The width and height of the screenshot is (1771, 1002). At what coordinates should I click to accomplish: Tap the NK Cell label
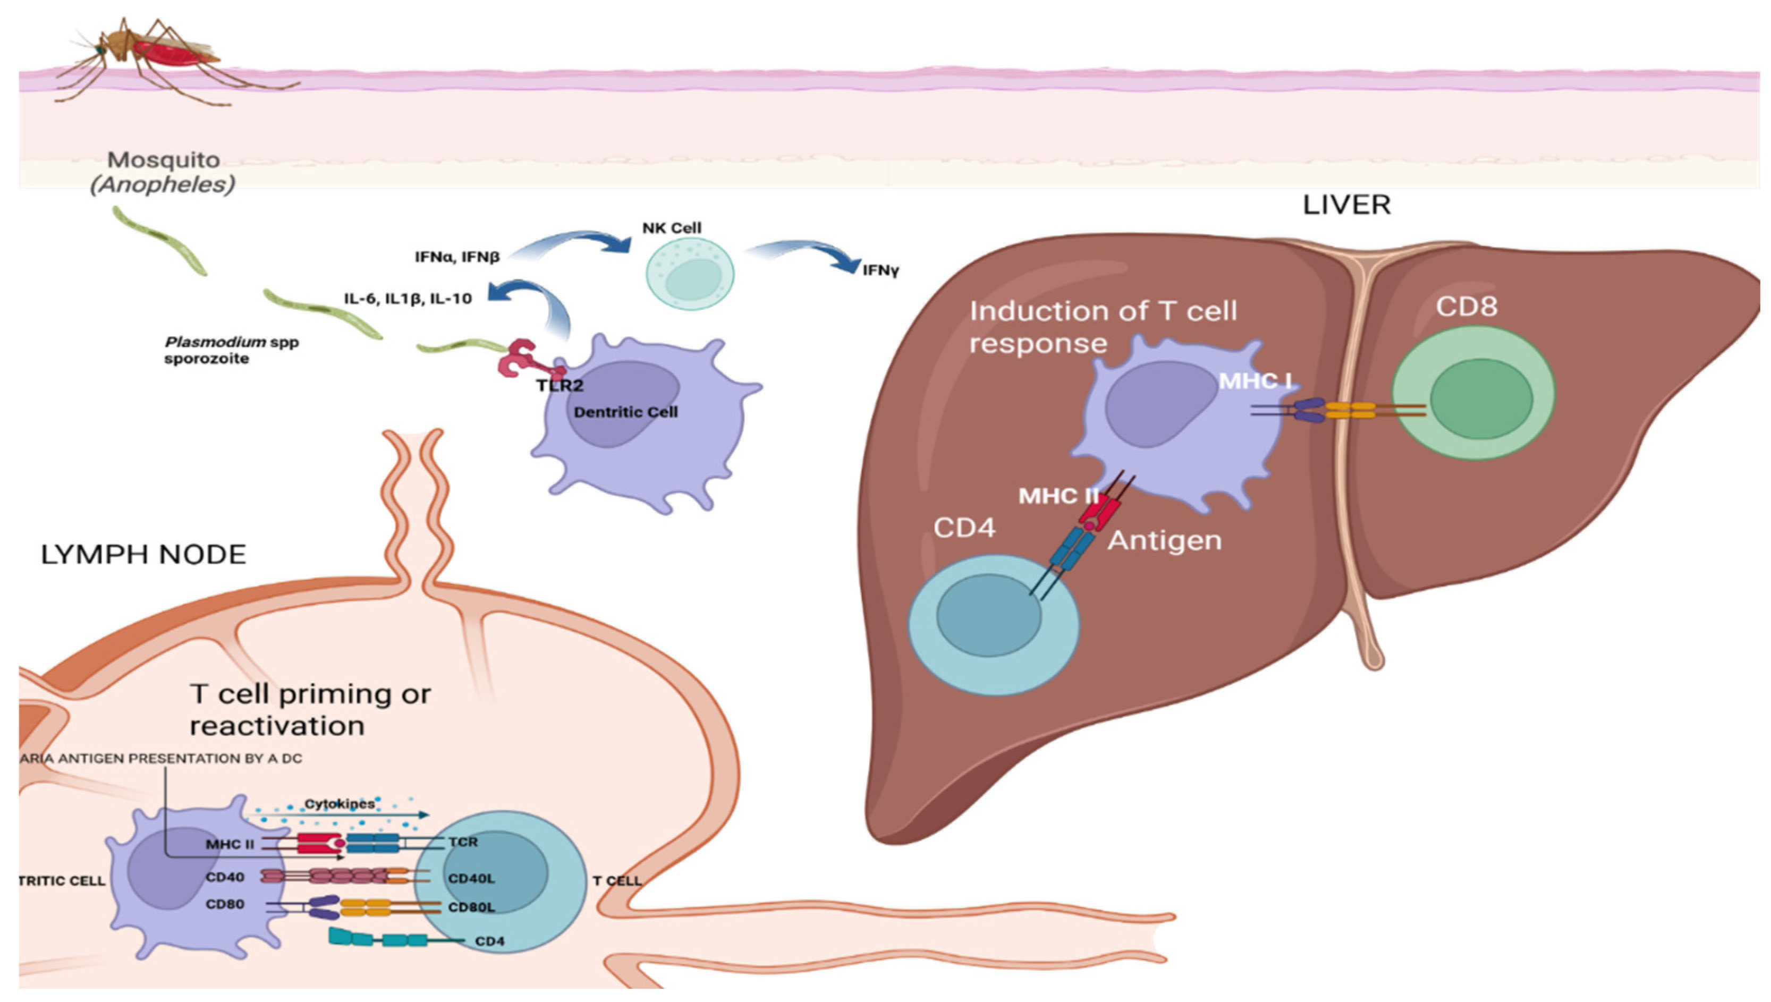click(671, 228)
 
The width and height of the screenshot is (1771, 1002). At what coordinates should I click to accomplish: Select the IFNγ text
click(880, 270)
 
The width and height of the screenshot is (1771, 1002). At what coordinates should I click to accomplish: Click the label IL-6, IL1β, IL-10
click(408, 299)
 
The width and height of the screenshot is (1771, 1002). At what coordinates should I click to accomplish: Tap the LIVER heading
click(1346, 205)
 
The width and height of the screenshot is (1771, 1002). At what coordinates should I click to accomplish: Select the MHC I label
click(1255, 380)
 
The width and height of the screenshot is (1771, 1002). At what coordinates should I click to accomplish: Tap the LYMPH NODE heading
click(143, 555)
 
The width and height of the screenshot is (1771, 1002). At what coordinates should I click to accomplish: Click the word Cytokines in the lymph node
click(340, 804)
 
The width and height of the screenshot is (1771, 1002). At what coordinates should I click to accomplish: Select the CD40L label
click(471, 879)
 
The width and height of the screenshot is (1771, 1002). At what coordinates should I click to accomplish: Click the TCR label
click(462, 842)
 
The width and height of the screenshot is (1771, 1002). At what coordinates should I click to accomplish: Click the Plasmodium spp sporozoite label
click(231, 350)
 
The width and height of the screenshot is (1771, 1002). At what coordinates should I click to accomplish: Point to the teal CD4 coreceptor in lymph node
click(378, 939)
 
